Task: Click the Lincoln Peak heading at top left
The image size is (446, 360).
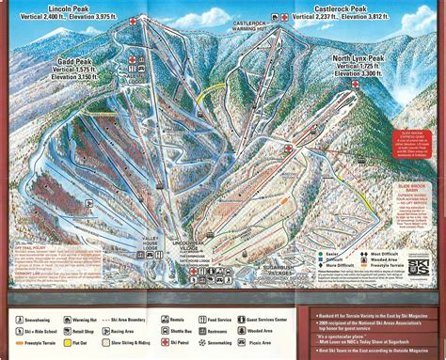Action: [55, 8]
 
